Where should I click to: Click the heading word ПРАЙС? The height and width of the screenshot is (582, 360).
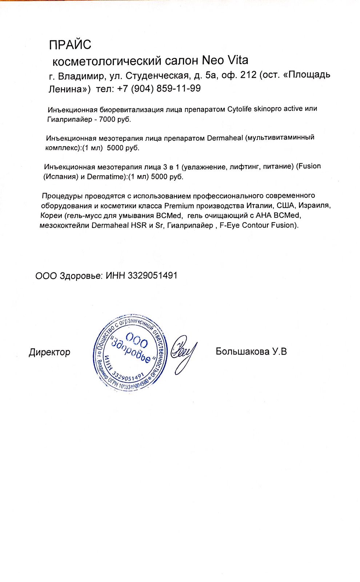[x=70, y=45]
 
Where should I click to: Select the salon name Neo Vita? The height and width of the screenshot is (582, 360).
[x=225, y=60]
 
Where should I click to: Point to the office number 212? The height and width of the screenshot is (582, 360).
[x=248, y=75]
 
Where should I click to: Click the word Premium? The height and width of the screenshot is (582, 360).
[x=179, y=206]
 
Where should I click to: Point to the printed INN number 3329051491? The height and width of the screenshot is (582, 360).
[x=152, y=275]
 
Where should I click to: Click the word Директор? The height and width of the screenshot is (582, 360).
[x=49, y=352]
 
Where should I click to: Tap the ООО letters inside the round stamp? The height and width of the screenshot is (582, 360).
[x=137, y=340]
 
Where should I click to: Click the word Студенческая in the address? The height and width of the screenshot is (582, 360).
[x=157, y=76]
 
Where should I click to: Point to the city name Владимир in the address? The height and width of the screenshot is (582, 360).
[x=81, y=76]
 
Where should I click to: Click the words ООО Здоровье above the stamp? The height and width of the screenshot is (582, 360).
[x=69, y=276]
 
